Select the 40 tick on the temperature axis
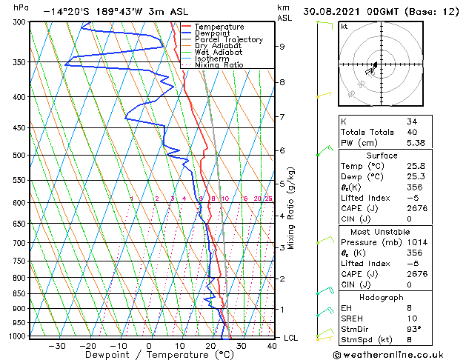coord(272,345)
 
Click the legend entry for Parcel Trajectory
coord(228,40)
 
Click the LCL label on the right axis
coord(292,338)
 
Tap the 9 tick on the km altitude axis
coord(282,47)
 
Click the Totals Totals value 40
coord(412,132)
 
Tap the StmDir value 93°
coord(414,329)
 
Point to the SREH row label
coord(353,319)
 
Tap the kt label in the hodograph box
coord(344,27)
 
